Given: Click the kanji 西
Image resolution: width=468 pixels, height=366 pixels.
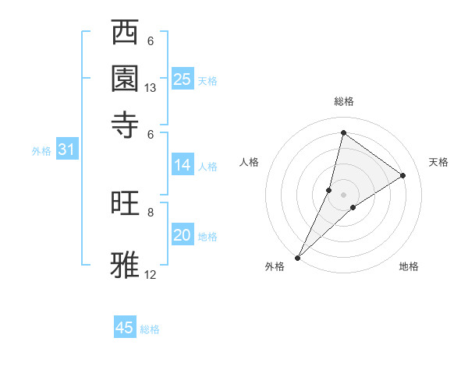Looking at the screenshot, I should click(126, 33).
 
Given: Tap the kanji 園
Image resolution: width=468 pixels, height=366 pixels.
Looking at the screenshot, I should click(126, 78).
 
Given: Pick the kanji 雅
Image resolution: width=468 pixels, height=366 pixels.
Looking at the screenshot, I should click(126, 263).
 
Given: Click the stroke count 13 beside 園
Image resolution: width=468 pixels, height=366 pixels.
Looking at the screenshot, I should click(151, 88).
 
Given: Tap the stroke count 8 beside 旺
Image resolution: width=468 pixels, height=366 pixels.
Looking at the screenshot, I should click(151, 212).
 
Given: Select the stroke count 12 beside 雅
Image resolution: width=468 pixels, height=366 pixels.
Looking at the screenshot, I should click(151, 274).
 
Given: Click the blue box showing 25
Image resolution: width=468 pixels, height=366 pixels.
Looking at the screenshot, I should click(183, 79).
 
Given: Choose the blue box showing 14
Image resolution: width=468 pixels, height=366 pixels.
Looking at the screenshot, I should click(183, 165).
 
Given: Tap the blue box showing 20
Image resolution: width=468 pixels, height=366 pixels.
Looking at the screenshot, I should click(183, 235).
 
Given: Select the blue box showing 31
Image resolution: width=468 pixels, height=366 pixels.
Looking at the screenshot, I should click(66, 150).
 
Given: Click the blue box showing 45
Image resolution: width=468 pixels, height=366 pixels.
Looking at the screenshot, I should click(125, 328).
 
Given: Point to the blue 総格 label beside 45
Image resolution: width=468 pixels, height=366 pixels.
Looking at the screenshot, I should click(150, 329).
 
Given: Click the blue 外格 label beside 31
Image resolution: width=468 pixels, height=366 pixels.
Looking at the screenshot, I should click(41, 151).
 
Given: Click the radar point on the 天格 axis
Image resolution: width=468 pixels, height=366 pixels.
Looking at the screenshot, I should click(403, 175).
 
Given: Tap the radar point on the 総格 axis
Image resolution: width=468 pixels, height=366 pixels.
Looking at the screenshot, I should click(343, 132).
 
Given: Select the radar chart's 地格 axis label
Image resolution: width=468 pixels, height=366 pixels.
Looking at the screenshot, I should click(409, 266).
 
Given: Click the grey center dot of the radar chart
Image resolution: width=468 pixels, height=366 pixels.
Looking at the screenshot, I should click(343, 194).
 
